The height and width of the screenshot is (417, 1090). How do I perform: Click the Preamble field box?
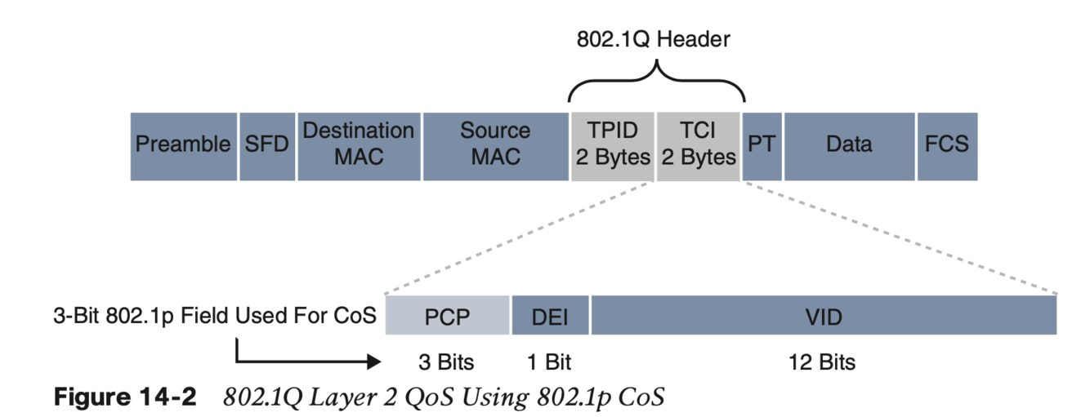pos(184,145)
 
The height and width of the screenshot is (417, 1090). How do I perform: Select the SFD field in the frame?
pos(267,145)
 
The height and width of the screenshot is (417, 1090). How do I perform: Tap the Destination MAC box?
pos(359,145)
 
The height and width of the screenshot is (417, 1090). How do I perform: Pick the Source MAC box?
pos(495,145)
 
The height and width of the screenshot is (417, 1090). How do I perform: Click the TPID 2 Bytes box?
pos(611,145)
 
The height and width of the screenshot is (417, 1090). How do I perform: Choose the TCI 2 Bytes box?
pos(698,145)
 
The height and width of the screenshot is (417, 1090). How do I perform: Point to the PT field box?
pos(762,145)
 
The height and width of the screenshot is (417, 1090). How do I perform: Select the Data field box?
pos(849,145)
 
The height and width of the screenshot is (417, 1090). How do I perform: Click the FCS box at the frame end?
pos(946,145)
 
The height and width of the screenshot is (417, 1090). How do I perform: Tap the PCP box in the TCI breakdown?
pos(448,316)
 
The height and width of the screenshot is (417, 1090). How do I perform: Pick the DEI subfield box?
pos(550,316)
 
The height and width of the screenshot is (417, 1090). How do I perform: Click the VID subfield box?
pos(824,316)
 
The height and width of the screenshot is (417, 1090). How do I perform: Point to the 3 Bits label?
pos(446,361)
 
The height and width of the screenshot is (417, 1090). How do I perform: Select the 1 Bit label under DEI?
pos(549,361)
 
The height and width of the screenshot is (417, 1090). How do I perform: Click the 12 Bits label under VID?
pos(822,361)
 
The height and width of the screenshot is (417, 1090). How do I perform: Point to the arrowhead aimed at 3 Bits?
pos(374,361)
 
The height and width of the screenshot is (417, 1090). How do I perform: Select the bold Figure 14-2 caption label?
pos(125,397)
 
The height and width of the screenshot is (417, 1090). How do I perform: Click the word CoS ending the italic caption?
pos(642,397)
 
